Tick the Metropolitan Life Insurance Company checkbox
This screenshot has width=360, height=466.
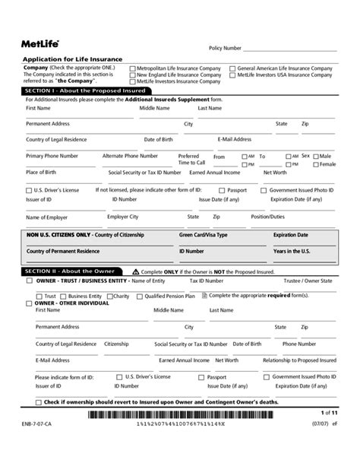click(x=132, y=68)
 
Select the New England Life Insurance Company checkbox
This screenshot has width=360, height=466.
click(x=132, y=75)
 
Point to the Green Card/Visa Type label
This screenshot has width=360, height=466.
click(x=203, y=236)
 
